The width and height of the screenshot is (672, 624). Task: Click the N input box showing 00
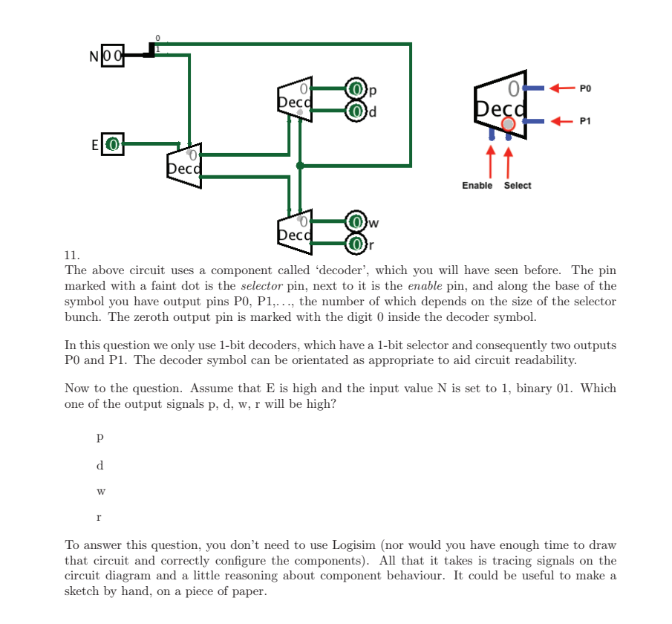pyautogui.click(x=111, y=56)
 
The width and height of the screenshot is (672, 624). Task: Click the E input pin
pyautogui.click(x=112, y=143)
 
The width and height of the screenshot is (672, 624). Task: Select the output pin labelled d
pyautogui.click(x=357, y=112)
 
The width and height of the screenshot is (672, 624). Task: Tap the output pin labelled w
pyautogui.click(x=357, y=222)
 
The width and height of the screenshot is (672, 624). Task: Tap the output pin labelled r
pyautogui.click(x=357, y=243)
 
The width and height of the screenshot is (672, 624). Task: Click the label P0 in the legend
pyautogui.click(x=586, y=88)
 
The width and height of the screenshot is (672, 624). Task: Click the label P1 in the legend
pyautogui.click(x=586, y=120)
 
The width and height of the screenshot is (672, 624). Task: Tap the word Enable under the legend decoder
pyautogui.click(x=477, y=186)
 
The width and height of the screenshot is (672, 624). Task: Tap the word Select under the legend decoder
pyautogui.click(x=518, y=186)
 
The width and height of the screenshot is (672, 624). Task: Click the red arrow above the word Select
pyautogui.click(x=509, y=160)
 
